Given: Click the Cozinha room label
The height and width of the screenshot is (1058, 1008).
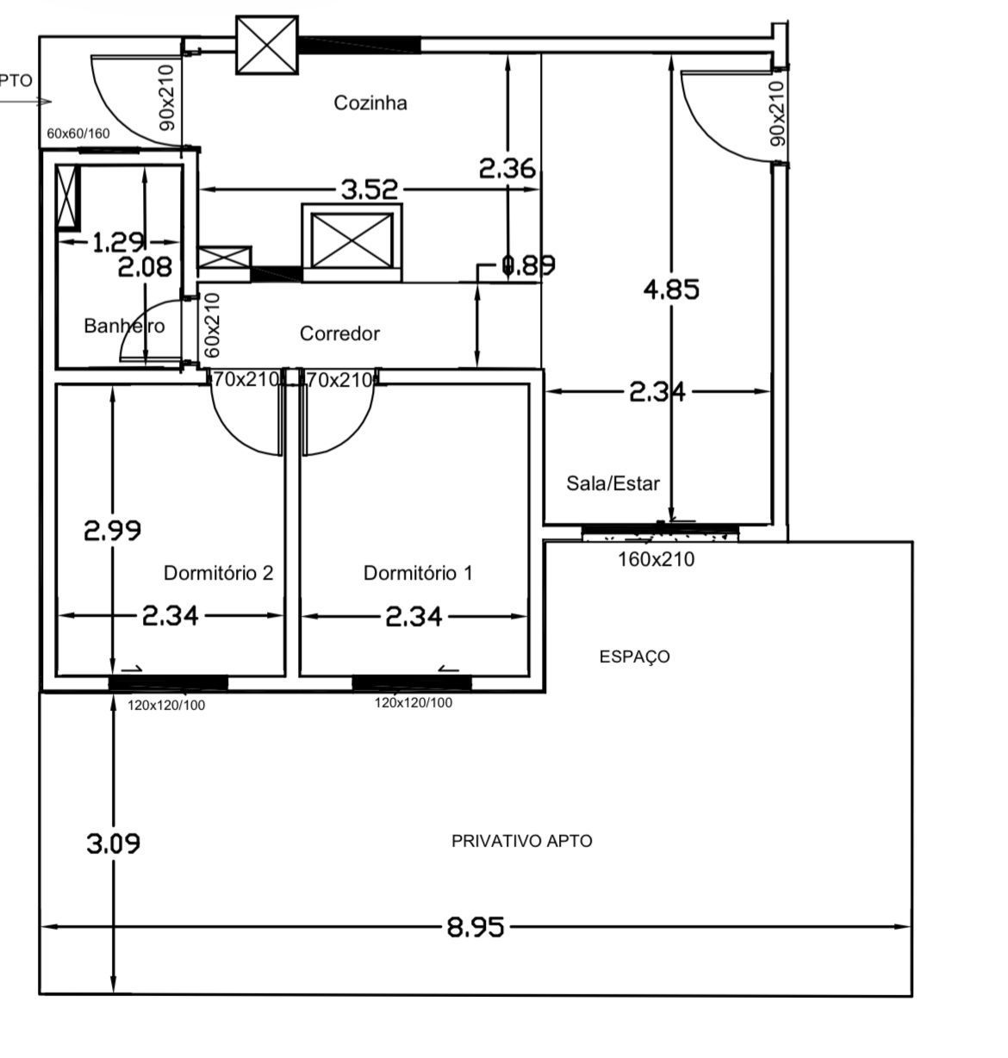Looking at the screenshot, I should (x=370, y=103).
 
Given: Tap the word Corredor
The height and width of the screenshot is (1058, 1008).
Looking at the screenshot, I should (x=339, y=333).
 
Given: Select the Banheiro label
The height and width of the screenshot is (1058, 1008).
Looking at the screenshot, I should (x=124, y=326).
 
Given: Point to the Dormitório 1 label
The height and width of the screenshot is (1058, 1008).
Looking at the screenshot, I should (x=418, y=573).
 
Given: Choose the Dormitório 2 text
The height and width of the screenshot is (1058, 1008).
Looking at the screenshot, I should (x=218, y=573).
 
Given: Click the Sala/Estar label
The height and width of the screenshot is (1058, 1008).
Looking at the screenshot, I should (x=613, y=483).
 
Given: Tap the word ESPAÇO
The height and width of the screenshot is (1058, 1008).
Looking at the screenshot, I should (x=634, y=657).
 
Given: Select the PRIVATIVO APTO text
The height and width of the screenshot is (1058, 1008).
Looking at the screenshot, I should (x=521, y=841).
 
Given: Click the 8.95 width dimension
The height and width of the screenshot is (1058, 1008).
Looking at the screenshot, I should (x=475, y=928).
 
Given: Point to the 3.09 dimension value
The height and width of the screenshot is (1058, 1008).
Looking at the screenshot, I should (x=113, y=843).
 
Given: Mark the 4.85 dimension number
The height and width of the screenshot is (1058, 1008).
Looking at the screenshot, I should (x=671, y=289).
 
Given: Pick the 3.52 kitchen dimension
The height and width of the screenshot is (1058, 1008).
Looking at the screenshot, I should (x=370, y=190).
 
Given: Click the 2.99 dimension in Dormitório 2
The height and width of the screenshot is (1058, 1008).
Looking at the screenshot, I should (x=113, y=530).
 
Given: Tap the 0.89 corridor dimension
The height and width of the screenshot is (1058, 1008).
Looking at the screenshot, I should (x=528, y=265).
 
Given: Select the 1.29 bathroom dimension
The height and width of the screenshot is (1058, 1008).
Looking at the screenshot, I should (x=117, y=243).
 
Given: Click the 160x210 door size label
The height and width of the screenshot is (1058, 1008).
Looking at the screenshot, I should (x=656, y=559).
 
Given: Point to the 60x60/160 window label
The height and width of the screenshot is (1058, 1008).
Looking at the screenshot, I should (x=78, y=134).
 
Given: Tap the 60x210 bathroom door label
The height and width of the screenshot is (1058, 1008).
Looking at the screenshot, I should (x=213, y=325).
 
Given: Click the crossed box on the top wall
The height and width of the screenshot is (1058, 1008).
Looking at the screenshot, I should (x=267, y=45).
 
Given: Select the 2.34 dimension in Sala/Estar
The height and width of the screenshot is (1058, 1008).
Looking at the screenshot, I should (x=657, y=393).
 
